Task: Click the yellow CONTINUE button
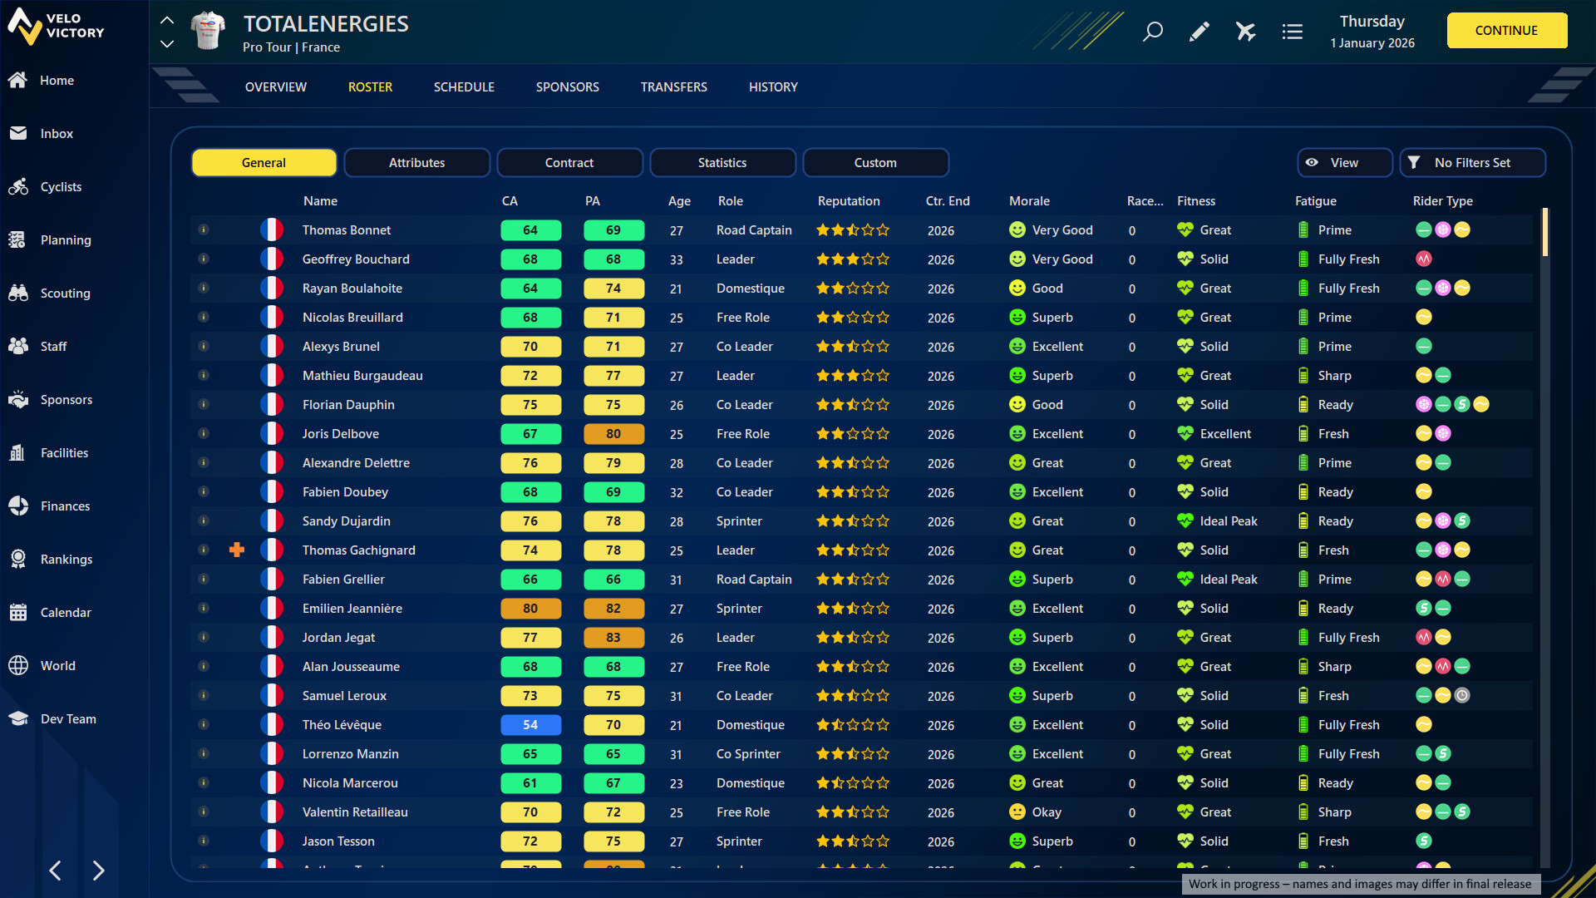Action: (1506, 31)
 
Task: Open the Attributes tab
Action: (416, 163)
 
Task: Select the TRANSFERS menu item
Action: (673, 87)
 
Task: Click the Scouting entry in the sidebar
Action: (65, 294)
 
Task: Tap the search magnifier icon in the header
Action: (1153, 32)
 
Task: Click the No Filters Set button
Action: (1472, 163)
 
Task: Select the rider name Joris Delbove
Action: (340, 434)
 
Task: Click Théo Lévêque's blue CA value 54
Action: (530, 725)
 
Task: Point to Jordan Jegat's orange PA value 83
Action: (613, 638)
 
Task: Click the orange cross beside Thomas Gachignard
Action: (237, 550)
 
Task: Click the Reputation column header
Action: (848, 201)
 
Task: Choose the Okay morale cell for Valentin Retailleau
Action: (1046, 812)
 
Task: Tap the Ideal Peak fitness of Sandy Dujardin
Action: (1228, 521)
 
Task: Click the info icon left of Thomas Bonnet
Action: (204, 230)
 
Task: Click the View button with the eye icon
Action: (1343, 163)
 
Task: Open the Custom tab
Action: (875, 163)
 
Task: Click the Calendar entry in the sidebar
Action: (66, 613)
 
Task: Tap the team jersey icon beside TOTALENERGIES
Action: (208, 32)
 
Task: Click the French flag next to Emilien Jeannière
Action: (271, 609)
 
